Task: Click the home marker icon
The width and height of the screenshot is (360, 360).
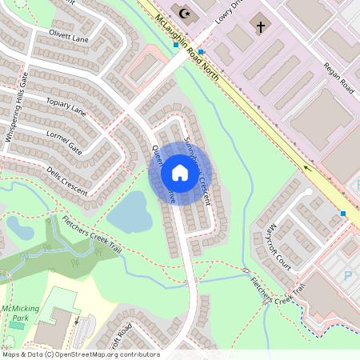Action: (179, 173)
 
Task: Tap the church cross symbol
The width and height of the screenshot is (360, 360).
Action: (260, 26)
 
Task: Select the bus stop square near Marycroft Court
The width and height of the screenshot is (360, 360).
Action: (343, 214)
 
